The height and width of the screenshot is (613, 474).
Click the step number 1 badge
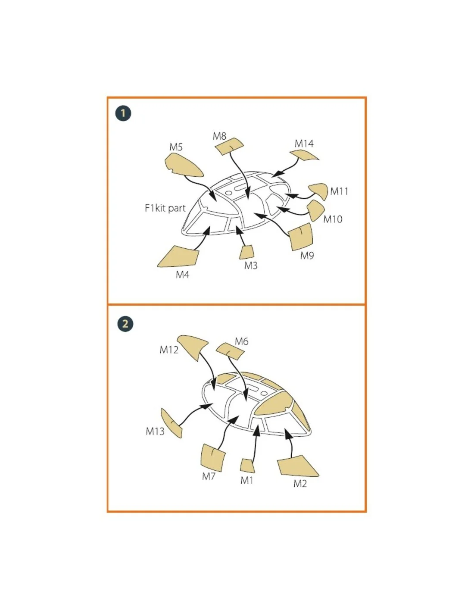[x=123, y=113]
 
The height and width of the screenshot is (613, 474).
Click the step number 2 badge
[x=125, y=323]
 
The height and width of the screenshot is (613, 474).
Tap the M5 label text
[x=176, y=147]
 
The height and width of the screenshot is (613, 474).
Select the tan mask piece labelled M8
[x=229, y=146]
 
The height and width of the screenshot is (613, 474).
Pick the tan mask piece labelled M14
[x=304, y=155]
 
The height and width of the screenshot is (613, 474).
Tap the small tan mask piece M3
[x=246, y=252]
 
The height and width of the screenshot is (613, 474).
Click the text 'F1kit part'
[x=165, y=208]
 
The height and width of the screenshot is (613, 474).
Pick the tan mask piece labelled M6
[x=230, y=350]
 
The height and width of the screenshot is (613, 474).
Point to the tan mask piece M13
[x=171, y=423]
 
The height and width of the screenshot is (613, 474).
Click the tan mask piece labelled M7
[x=213, y=457]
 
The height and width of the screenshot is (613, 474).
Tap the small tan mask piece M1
[x=247, y=466]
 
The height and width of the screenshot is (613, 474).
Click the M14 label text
[x=304, y=144]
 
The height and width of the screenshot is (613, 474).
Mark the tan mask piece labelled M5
[x=183, y=165]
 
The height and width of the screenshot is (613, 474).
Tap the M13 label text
[x=155, y=431]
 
